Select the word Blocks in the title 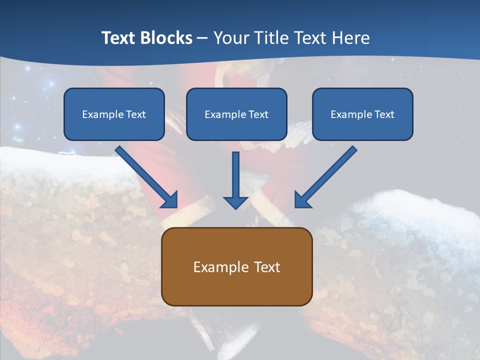pyautogui.click(x=166, y=38)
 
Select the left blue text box pyautogui.click(x=114, y=114)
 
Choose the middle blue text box pyautogui.click(x=236, y=114)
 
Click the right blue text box pyautogui.click(x=362, y=114)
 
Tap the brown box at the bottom pyautogui.click(x=236, y=266)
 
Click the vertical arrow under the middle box pyautogui.click(x=236, y=180)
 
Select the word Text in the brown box pyautogui.click(x=267, y=267)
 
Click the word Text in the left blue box pyautogui.click(x=136, y=114)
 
